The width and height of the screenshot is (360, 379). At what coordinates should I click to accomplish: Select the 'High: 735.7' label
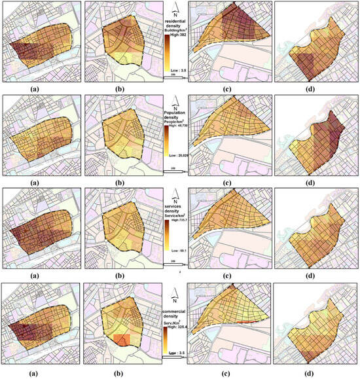pyautogui.click(x=175, y=221)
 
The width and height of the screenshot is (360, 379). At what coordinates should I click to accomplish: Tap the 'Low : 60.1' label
pyautogui.click(x=175, y=251)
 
